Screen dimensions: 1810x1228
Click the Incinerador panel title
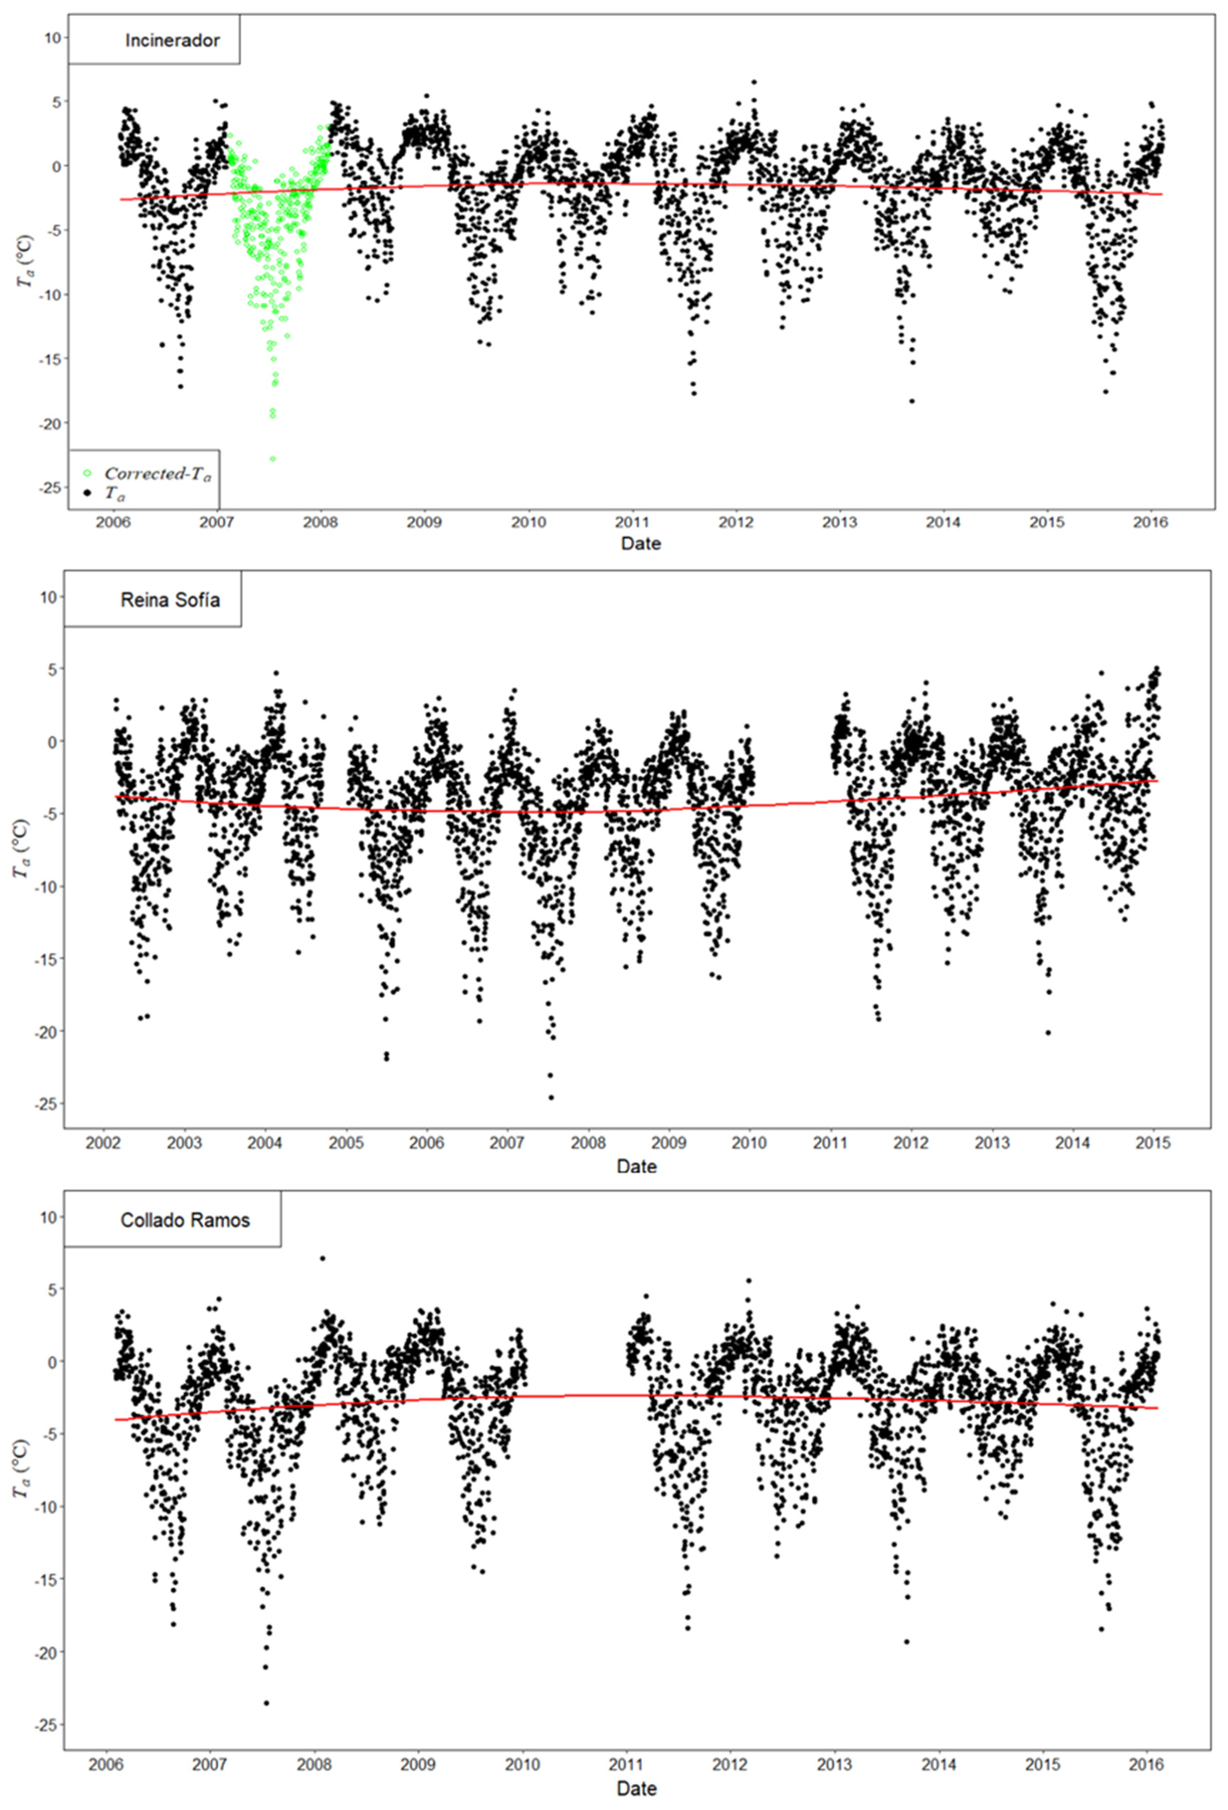[172, 41]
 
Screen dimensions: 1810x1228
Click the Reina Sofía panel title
[170, 600]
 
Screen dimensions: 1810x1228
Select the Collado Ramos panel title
[185, 1220]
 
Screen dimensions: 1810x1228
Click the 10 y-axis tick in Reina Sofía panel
[48, 598]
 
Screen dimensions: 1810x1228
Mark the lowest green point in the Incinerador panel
[273, 459]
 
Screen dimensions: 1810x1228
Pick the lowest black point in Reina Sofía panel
[551, 1097]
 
